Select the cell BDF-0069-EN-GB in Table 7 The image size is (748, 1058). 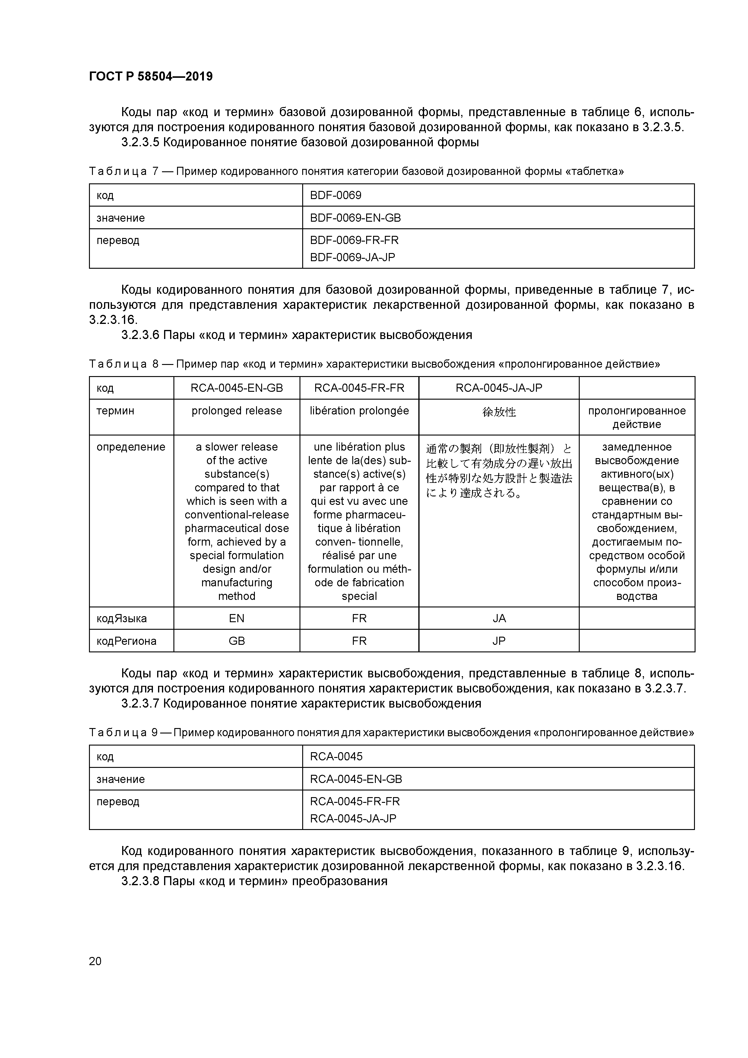(x=355, y=218)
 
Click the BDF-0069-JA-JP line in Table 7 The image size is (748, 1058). (x=353, y=257)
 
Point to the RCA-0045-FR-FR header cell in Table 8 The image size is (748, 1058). (x=359, y=388)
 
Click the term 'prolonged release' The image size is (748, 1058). (x=236, y=410)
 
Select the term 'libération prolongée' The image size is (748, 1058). (x=359, y=410)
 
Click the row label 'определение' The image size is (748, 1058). (x=131, y=447)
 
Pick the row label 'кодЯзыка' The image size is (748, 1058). (x=122, y=618)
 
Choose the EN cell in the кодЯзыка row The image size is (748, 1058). (x=236, y=618)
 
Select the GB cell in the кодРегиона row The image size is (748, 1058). (x=236, y=641)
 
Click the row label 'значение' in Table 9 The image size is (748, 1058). (x=121, y=779)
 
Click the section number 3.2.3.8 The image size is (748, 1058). (x=140, y=881)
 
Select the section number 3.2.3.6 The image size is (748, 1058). (x=140, y=335)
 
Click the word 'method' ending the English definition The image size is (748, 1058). (x=236, y=596)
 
